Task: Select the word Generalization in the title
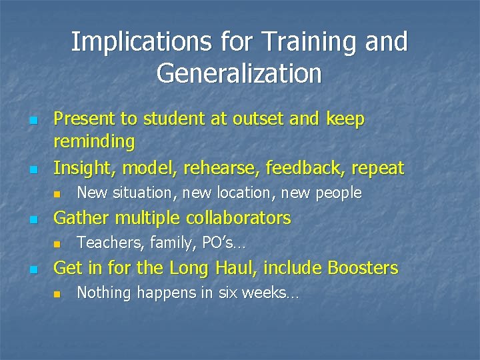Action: pos(239,73)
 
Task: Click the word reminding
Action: pos(94,142)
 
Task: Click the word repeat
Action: pos(376,169)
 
